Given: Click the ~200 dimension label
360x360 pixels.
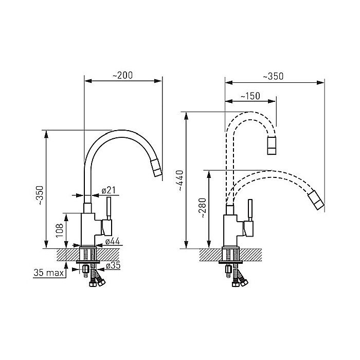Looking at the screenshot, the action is [x=122, y=75].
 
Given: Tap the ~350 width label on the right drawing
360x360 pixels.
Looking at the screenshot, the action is [x=273, y=76].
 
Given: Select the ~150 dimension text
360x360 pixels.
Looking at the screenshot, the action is [x=250, y=96].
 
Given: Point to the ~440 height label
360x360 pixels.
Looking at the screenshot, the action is [x=180, y=181].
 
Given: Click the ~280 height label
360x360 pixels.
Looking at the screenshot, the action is [x=203, y=208].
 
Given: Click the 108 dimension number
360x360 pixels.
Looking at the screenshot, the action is [x=60, y=230].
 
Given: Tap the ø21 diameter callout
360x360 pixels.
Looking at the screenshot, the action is [x=109, y=190].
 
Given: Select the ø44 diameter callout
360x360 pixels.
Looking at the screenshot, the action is [x=113, y=241].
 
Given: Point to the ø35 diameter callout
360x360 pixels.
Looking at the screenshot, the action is [x=113, y=265].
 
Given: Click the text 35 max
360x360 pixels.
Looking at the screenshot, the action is [x=48, y=273].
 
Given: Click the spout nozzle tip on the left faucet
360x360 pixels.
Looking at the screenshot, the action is [x=156, y=168].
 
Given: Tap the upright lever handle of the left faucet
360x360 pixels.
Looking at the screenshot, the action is [x=109, y=208].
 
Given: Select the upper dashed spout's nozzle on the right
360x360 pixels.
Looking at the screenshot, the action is [x=272, y=145].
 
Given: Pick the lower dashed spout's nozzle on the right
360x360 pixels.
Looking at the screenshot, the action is [x=316, y=200].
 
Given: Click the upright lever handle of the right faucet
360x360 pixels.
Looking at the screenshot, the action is [x=250, y=210].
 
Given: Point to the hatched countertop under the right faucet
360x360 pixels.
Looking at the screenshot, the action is [x=230, y=255].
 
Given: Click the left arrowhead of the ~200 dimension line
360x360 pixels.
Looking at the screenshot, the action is [x=88, y=81].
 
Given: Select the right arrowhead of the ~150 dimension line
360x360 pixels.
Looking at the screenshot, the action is [x=272, y=101].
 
